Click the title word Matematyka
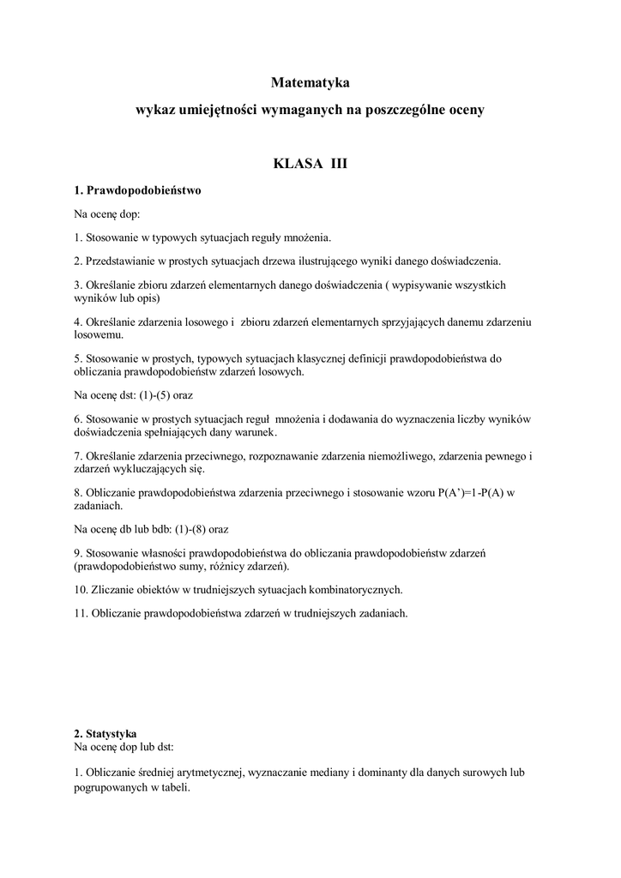coord(310,83)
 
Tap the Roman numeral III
coord(339,163)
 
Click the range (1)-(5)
coord(159,395)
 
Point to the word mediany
coord(346,772)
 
